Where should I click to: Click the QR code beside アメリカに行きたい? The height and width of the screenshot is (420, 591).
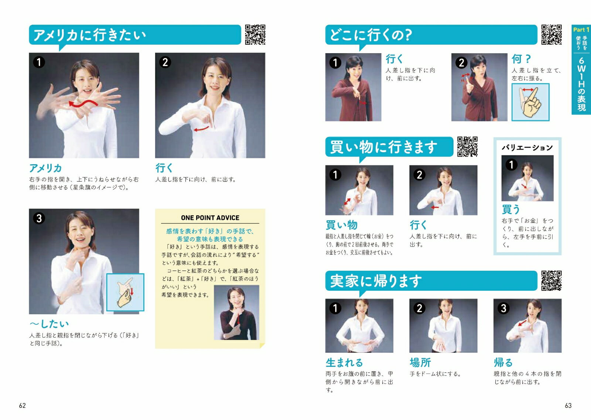(255, 35)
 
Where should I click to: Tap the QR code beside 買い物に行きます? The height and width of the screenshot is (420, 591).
(467, 147)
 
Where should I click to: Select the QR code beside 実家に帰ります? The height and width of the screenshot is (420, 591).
(551, 280)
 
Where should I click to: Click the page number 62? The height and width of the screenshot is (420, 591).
(23, 406)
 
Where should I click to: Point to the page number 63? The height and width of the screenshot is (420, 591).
(568, 406)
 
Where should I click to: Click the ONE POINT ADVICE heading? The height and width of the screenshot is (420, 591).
(210, 218)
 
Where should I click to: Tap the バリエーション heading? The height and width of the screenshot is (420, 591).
(527, 147)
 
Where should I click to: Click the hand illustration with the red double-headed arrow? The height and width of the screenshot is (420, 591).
(530, 102)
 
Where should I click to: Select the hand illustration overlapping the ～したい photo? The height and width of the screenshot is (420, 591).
(125, 292)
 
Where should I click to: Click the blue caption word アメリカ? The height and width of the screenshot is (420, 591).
(45, 168)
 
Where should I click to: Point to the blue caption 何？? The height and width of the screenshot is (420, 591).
(521, 59)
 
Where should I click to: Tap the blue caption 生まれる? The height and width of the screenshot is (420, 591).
(344, 363)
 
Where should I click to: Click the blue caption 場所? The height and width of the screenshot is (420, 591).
(420, 363)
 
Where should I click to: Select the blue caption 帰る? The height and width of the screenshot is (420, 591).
(503, 363)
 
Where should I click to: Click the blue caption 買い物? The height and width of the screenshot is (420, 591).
(341, 225)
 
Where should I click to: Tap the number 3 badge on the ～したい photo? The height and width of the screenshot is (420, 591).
(39, 218)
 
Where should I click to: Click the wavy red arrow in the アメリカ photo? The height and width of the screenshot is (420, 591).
(83, 103)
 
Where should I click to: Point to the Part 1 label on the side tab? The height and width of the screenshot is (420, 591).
(581, 30)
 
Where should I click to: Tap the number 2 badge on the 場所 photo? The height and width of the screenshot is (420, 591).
(419, 308)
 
